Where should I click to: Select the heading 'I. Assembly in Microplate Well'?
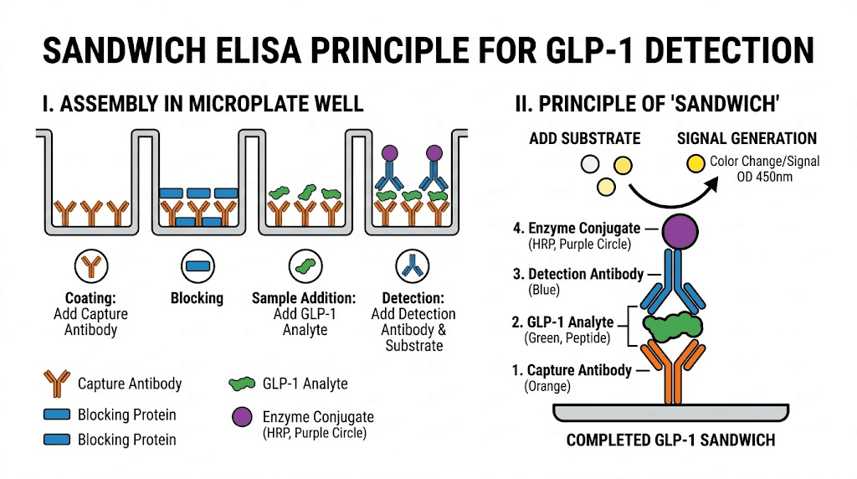203,104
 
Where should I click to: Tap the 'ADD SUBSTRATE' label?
584,138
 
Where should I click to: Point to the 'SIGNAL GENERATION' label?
747,138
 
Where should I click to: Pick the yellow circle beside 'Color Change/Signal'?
694,162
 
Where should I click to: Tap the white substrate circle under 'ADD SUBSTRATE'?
592,164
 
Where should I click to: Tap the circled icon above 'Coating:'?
91,266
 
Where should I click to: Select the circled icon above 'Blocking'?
198,266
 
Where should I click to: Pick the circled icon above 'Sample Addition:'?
304,266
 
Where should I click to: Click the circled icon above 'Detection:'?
413,266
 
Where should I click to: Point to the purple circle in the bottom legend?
244,416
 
